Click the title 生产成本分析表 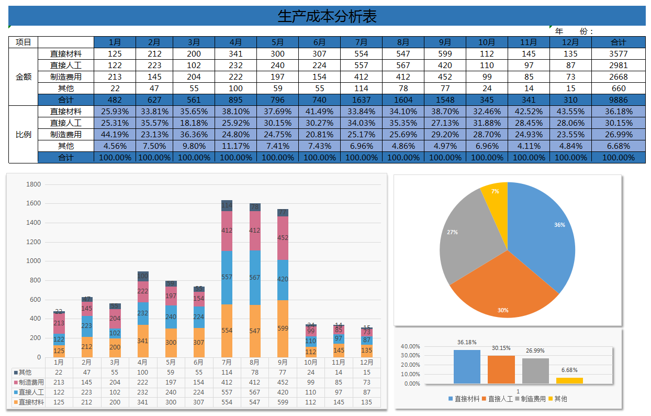[x=327, y=16]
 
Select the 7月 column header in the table [x=361, y=42]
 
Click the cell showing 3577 [x=618, y=54]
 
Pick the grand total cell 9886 [x=618, y=100]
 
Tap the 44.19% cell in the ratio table [x=115, y=135]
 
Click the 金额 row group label [x=24, y=77]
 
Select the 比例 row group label [x=24, y=135]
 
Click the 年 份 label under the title [x=574, y=31]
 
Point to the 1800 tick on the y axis [x=33, y=184]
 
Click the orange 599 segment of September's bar [x=283, y=329]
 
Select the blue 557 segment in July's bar [x=227, y=278]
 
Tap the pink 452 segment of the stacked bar [x=283, y=238]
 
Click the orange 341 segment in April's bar [x=143, y=341]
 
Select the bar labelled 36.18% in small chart [x=467, y=367]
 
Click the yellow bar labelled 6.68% [x=569, y=380]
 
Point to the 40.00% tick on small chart [x=410, y=346]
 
